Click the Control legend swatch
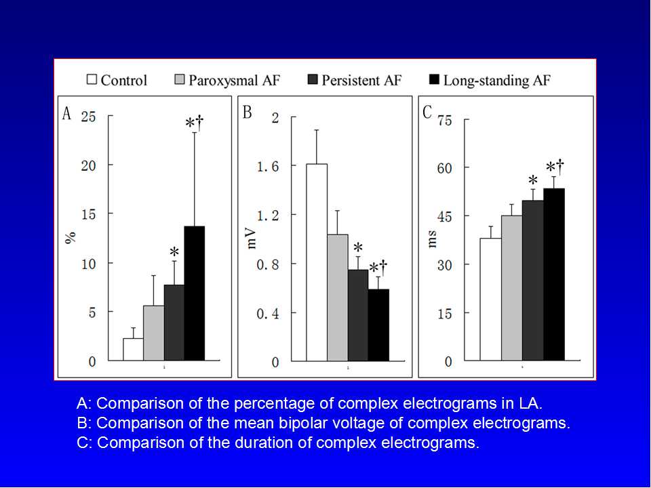tap(92, 80)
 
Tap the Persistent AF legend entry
tap(361, 80)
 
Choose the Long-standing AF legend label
tap(496, 80)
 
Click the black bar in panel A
tap(195, 293)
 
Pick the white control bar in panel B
tap(317, 262)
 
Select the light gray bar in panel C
tap(512, 288)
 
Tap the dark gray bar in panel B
tap(357, 315)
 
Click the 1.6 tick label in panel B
tap(265, 165)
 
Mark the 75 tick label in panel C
tap(444, 120)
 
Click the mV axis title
tap(252, 238)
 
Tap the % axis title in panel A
tap(70, 237)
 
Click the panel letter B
tap(248, 113)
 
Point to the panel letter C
tap(427, 113)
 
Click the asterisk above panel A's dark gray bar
tap(174, 252)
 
